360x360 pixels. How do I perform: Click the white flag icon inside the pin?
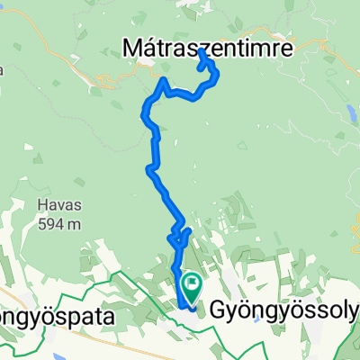[193, 283]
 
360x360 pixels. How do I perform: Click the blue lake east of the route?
[347, 112]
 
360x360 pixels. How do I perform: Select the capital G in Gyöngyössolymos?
[220, 311]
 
